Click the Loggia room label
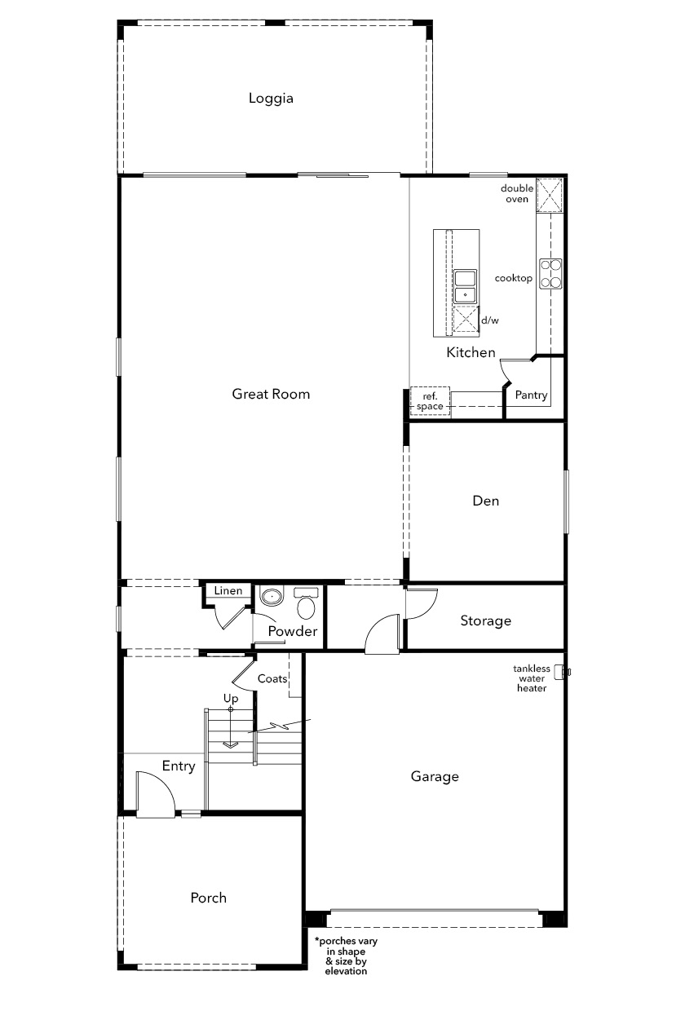point(271,99)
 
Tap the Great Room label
point(271,394)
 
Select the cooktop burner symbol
point(551,273)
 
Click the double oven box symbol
point(550,196)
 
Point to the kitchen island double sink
point(465,287)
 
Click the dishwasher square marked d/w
point(466,319)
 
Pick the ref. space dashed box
point(430,401)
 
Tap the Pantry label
point(531,395)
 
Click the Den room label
point(486,501)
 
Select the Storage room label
point(486,620)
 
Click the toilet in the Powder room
point(306,603)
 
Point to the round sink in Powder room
point(272,597)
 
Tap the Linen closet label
point(228,590)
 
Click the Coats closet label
point(272,679)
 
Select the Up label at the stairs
point(231,699)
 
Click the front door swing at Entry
point(155,794)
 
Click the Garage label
point(435,777)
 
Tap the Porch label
point(209,898)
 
